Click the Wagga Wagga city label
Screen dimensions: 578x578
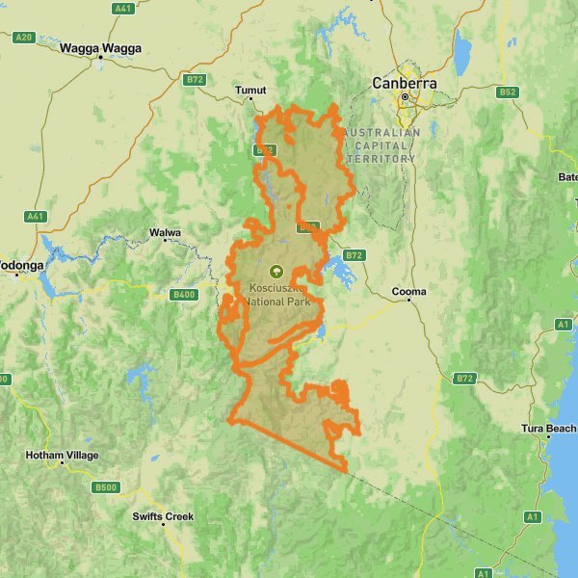(100, 46)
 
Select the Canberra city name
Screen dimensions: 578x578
(405, 84)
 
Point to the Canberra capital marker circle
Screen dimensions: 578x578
(406, 97)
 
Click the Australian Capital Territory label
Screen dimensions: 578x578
(381, 145)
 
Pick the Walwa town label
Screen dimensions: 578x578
(165, 233)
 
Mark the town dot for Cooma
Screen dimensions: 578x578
(409, 301)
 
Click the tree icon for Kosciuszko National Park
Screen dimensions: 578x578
(277, 272)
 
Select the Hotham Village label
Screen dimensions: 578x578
(62, 456)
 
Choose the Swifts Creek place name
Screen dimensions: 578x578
(163, 516)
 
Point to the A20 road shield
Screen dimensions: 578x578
(23, 38)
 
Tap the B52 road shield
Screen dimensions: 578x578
(508, 92)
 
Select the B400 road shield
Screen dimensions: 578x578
(182, 295)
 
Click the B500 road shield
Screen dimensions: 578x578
(106, 487)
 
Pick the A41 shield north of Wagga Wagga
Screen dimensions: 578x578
(123, 8)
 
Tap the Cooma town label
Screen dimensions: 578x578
(409, 291)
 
